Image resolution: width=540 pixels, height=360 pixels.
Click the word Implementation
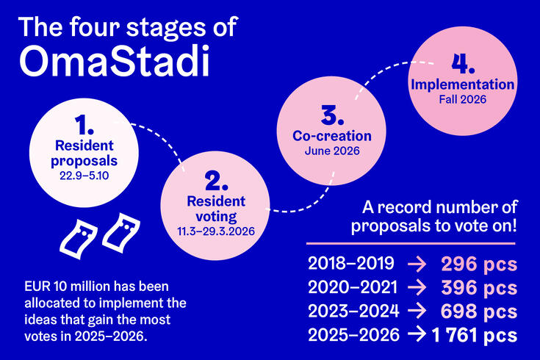tap(462, 85)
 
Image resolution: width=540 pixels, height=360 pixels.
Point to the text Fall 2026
tap(462, 100)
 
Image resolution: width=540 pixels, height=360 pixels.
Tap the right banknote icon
tap(120, 233)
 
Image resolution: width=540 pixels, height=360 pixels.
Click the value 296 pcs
tap(478, 264)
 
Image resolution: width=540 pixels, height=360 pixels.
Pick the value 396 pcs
tap(478, 287)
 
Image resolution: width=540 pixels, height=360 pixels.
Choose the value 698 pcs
tap(478, 311)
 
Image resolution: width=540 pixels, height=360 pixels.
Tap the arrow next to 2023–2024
tap(420, 311)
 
